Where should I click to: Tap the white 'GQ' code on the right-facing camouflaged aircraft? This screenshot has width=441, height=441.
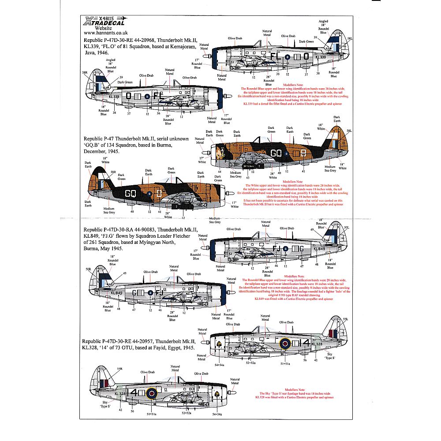coord(277,153)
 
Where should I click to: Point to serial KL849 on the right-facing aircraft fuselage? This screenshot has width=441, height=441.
coord(319,249)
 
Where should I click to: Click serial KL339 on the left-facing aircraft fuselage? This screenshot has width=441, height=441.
coord(114,96)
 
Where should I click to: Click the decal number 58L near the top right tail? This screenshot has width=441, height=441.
coord(350,39)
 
